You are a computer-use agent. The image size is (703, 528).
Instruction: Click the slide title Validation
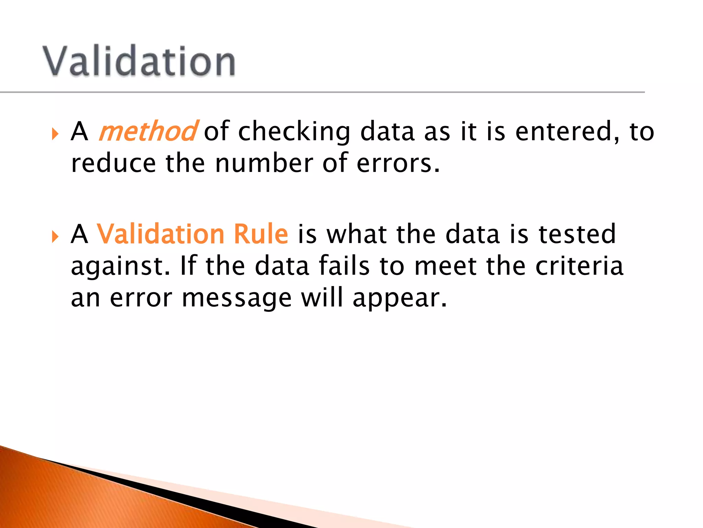pos(139,61)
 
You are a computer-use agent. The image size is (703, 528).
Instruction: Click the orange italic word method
pos(148,131)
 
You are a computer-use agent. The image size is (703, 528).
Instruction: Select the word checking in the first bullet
pos(294,132)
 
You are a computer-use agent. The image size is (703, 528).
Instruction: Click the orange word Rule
pos(261,234)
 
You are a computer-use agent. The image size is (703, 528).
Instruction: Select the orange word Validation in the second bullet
pos(161,234)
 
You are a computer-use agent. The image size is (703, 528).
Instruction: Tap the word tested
pos(577,234)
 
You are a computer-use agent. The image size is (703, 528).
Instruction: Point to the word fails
pos(344,266)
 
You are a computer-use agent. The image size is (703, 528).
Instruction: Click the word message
pos(237,298)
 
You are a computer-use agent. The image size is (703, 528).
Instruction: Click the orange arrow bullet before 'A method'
pos(55,134)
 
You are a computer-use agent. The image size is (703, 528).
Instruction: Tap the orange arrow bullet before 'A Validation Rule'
pos(55,237)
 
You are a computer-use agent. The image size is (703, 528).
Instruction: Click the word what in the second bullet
pos(357,234)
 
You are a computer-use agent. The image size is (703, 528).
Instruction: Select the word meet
pos(446,266)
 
